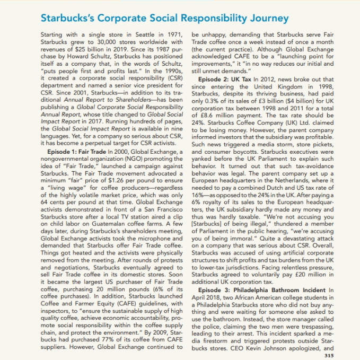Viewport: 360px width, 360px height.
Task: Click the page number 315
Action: (x=327, y=355)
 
